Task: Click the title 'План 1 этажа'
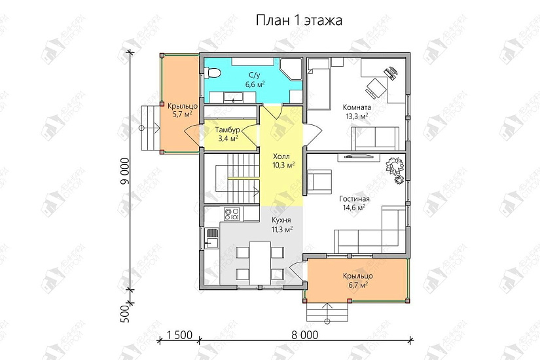pos(299,20)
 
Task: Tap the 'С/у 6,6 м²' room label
pos(255,80)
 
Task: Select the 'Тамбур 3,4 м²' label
pos(226,134)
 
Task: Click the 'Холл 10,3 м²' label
pos(283,160)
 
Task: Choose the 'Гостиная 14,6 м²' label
pos(354,203)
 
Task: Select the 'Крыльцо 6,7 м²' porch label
pos(356,281)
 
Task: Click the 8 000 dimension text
pos(304,335)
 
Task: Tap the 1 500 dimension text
pos(178,335)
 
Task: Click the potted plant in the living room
pos(395,169)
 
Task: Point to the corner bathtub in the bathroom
pos(291,71)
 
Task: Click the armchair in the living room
pos(319,181)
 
